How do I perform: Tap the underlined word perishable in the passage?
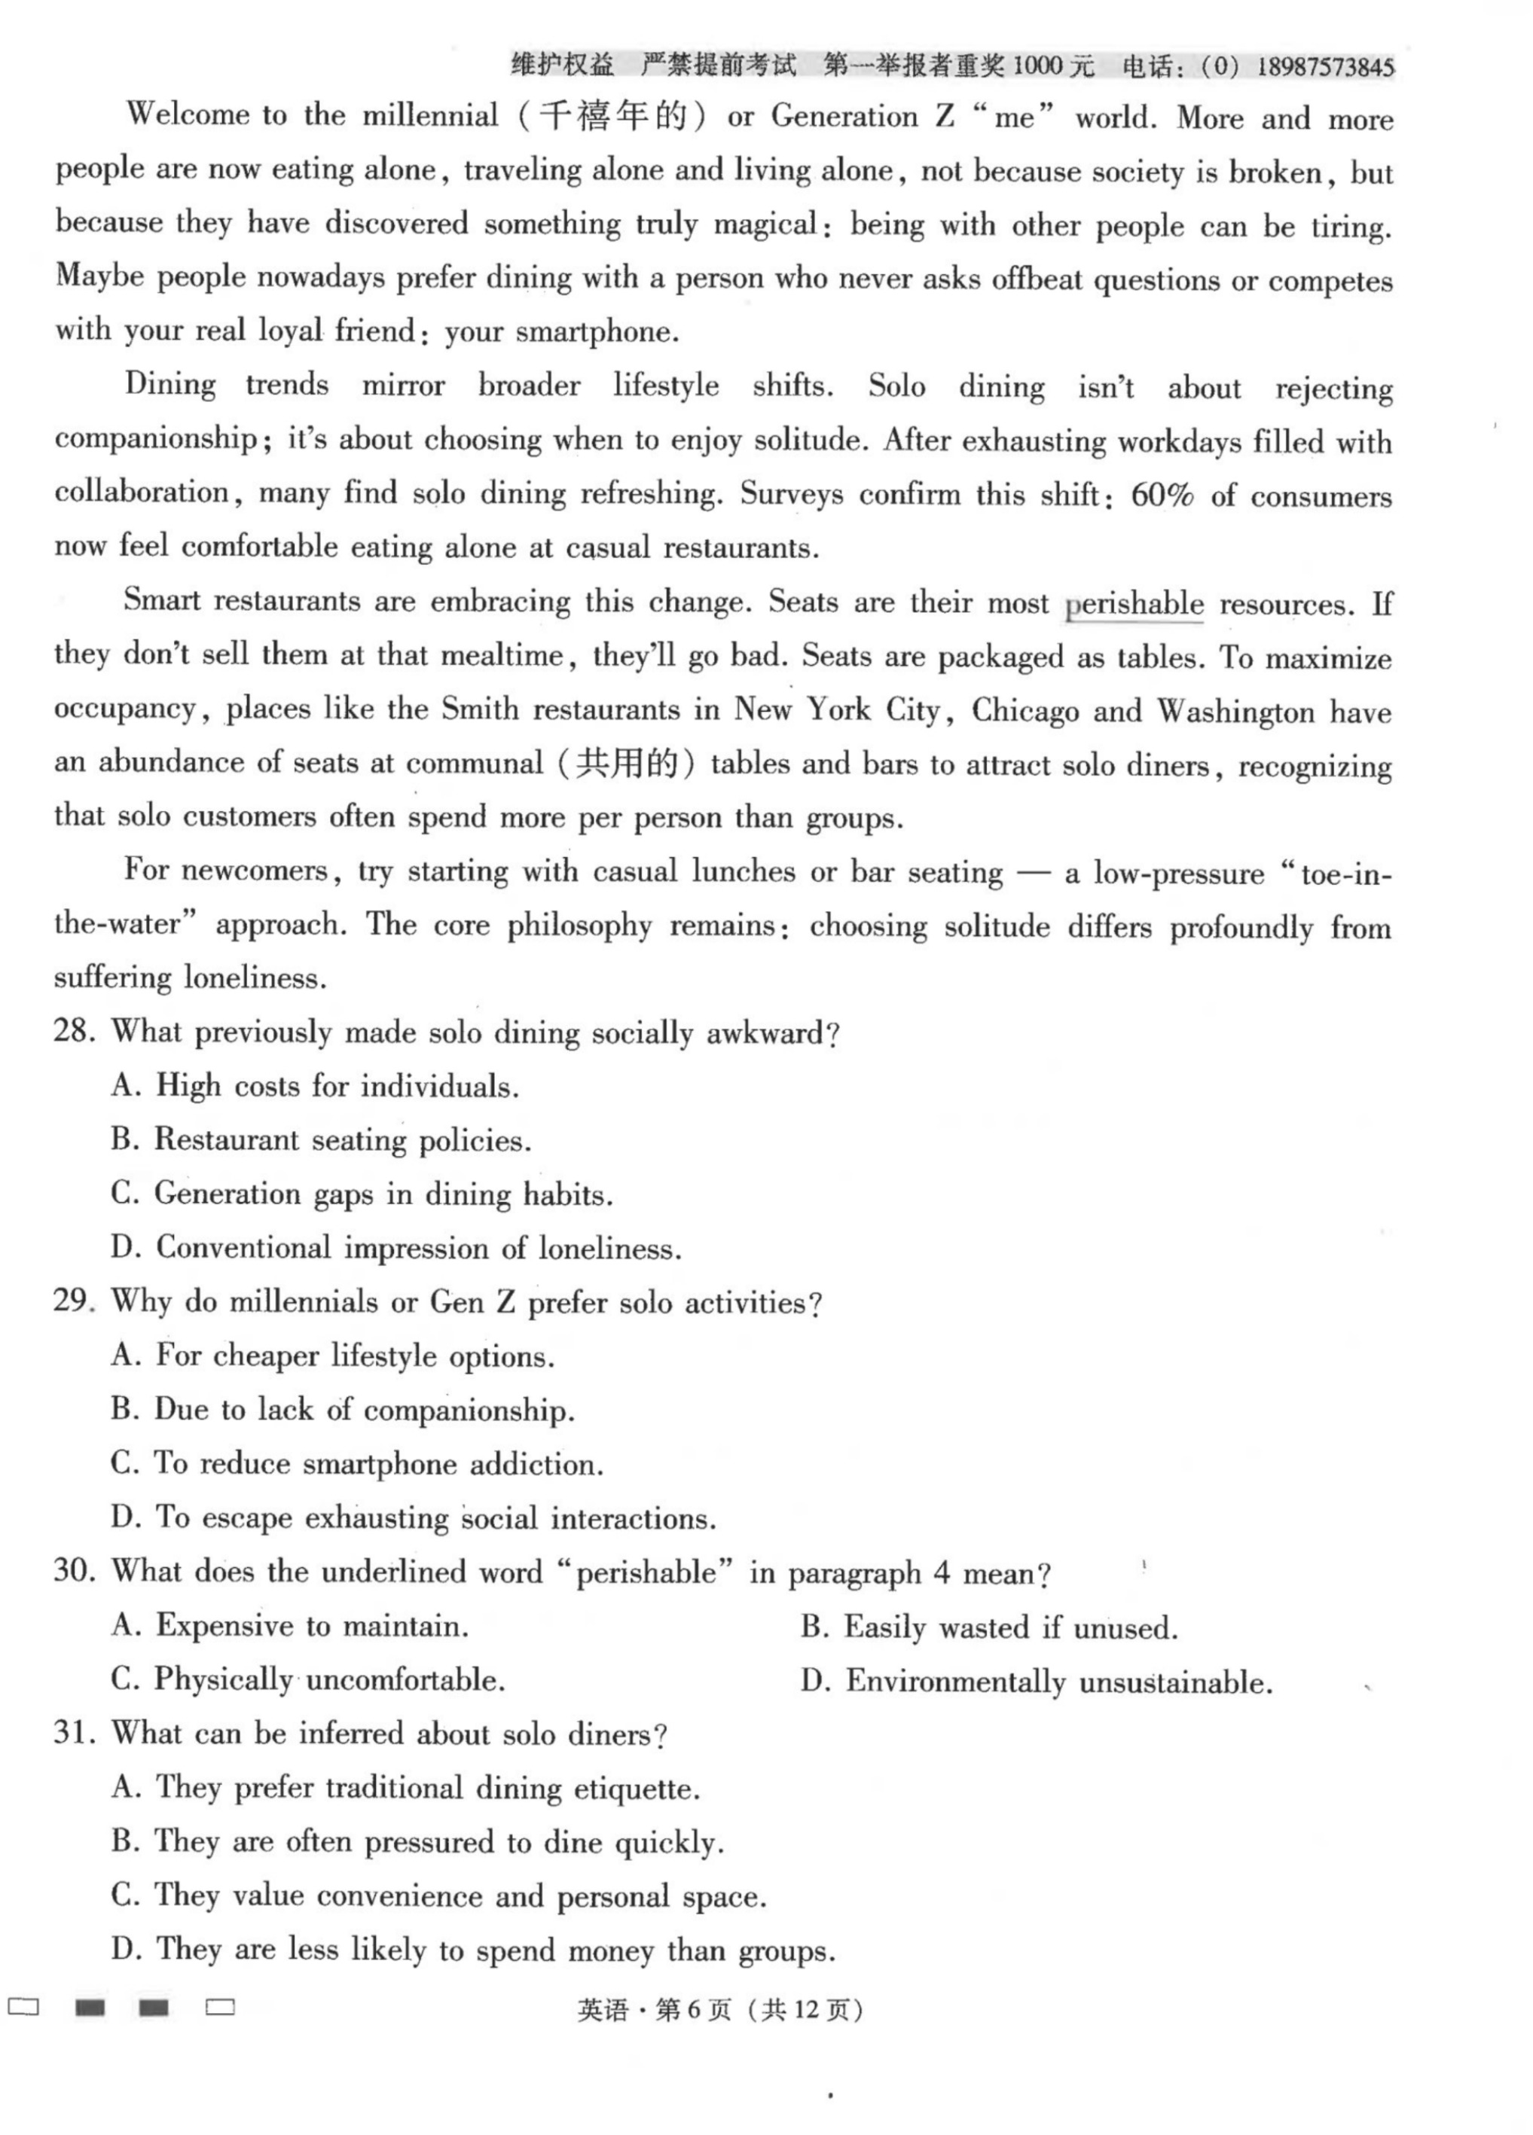(1134, 604)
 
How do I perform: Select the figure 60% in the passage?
(1161, 496)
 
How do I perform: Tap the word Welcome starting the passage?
(188, 114)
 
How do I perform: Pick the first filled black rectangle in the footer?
(90, 2008)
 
